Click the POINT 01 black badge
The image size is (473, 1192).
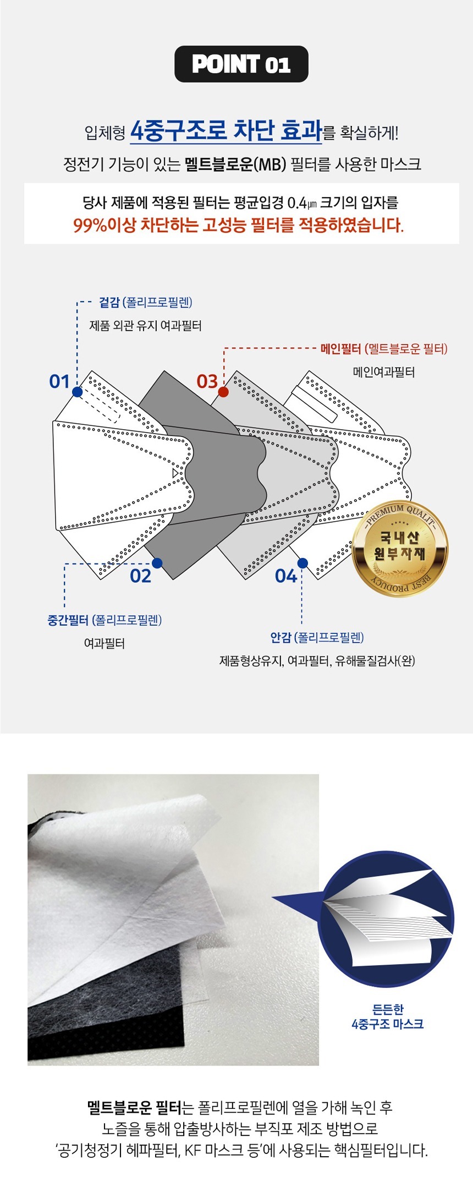241,64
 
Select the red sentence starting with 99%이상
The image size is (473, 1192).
238,225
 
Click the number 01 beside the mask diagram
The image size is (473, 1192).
59,381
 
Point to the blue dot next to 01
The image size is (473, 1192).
77,392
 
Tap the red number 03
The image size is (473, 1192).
207,381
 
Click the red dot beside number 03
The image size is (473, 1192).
223,392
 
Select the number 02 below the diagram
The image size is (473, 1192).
140,576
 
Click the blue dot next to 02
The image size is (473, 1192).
157,563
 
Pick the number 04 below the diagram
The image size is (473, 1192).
286,576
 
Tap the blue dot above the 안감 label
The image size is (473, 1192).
302,563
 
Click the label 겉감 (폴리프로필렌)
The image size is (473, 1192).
146,302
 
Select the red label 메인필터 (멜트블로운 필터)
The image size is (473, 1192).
384,348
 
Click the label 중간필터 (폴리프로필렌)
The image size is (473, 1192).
105,620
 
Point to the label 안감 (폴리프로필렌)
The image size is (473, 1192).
317,637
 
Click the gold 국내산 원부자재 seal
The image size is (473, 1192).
400,549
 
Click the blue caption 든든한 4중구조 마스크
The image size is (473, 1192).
388,1016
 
